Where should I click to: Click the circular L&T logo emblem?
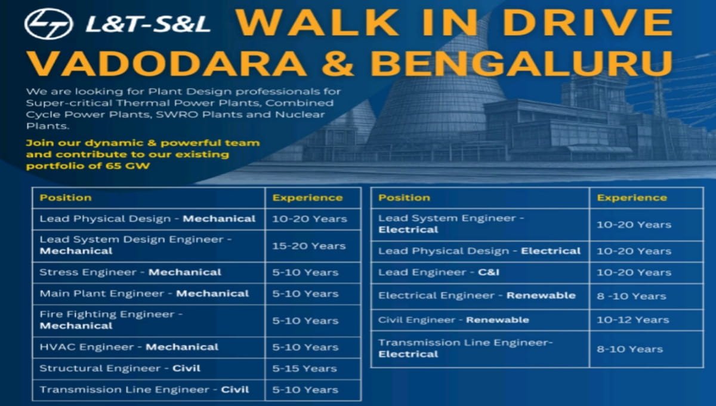tap(48, 23)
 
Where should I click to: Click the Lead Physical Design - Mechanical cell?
tap(147, 219)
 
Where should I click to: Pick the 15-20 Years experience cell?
tap(309, 245)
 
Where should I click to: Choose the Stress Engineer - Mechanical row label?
tap(130, 272)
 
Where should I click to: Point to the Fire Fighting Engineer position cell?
tap(111, 320)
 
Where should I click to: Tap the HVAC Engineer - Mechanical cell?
tap(129, 347)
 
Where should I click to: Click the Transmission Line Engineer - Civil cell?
tap(144, 390)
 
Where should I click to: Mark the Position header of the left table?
tap(66, 198)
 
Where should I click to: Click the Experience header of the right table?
tap(632, 198)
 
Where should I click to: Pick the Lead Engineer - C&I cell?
tap(439, 272)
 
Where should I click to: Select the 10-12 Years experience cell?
tap(632, 319)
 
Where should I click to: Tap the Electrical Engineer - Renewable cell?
tap(477, 296)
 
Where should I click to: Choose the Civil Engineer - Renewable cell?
tap(453, 319)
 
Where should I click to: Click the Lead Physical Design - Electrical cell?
tap(479, 251)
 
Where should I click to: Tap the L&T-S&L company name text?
tap(147, 24)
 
